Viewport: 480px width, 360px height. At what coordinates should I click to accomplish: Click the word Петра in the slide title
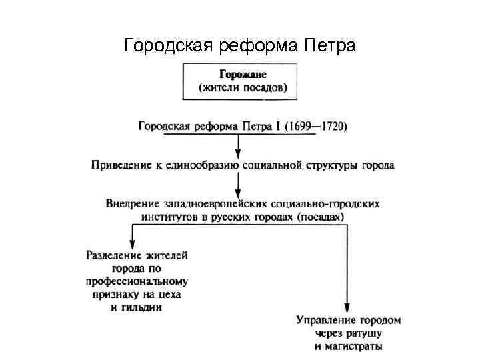click(329, 46)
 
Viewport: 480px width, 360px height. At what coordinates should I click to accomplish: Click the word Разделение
click(115, 254)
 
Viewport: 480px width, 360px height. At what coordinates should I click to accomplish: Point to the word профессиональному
click(137, 281)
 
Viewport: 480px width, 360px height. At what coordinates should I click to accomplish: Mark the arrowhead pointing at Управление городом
click(348, 308)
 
